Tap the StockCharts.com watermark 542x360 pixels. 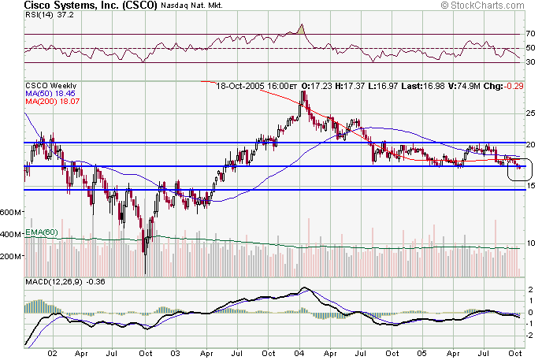(489, 6)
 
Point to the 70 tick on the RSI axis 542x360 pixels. (530, 35)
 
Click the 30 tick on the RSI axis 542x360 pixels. (530, 62)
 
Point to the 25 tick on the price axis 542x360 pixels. (530, 113)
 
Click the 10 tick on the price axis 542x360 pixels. (530, 243)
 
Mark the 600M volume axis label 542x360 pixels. (11, 213)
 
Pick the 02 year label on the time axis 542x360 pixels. (53, 354)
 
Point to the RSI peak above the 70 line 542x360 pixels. (302, 28)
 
